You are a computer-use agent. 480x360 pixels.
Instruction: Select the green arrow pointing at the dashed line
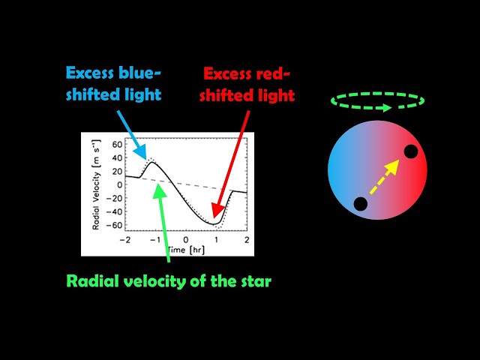coord(163,225)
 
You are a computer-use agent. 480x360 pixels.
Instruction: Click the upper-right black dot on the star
coord(410,151)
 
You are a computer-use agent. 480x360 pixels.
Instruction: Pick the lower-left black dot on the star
coord(361,204)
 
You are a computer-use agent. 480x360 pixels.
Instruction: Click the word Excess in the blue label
coord(91,73)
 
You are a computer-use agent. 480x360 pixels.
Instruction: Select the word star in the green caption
coord(253,281)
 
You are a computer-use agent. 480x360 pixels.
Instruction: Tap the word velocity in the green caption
coord(157,281)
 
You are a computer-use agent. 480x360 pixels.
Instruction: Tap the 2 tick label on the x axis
coord(247,239)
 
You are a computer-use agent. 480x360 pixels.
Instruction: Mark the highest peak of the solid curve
coord(151,162)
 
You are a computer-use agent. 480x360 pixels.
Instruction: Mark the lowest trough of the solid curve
coord(214,223)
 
